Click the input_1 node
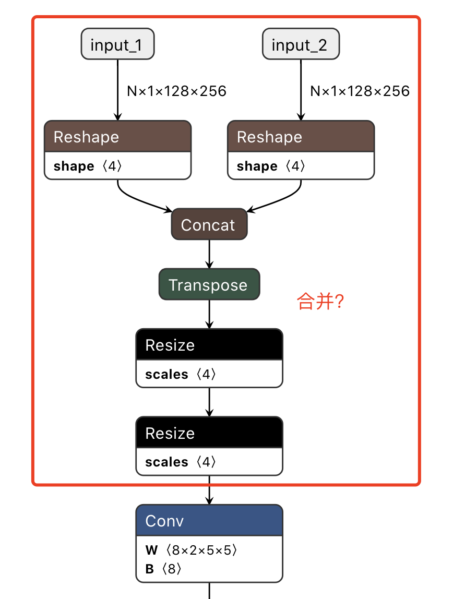(x=117, y=45)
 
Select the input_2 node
(x=300, y=45)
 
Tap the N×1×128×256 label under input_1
(x=176, y=91)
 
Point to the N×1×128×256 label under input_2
(x=360, y=91)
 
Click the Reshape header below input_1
(x=117, y=137)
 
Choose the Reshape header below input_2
(x=301, y=137)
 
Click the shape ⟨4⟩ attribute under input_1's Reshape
(x=88, y=166)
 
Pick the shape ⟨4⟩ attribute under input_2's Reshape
(x=271, y=166)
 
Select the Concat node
(x=209, y=225)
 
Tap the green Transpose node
(x=209, y=285)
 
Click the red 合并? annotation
(x=320, y=302)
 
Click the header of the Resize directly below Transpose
(x=209, y=345)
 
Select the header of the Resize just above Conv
(x=209, y=433)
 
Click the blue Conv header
(x=209, y=521)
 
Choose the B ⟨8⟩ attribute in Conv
(x=164, y=569)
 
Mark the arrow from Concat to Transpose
(x=209, y=254)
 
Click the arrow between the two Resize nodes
(x=209, y=402)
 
